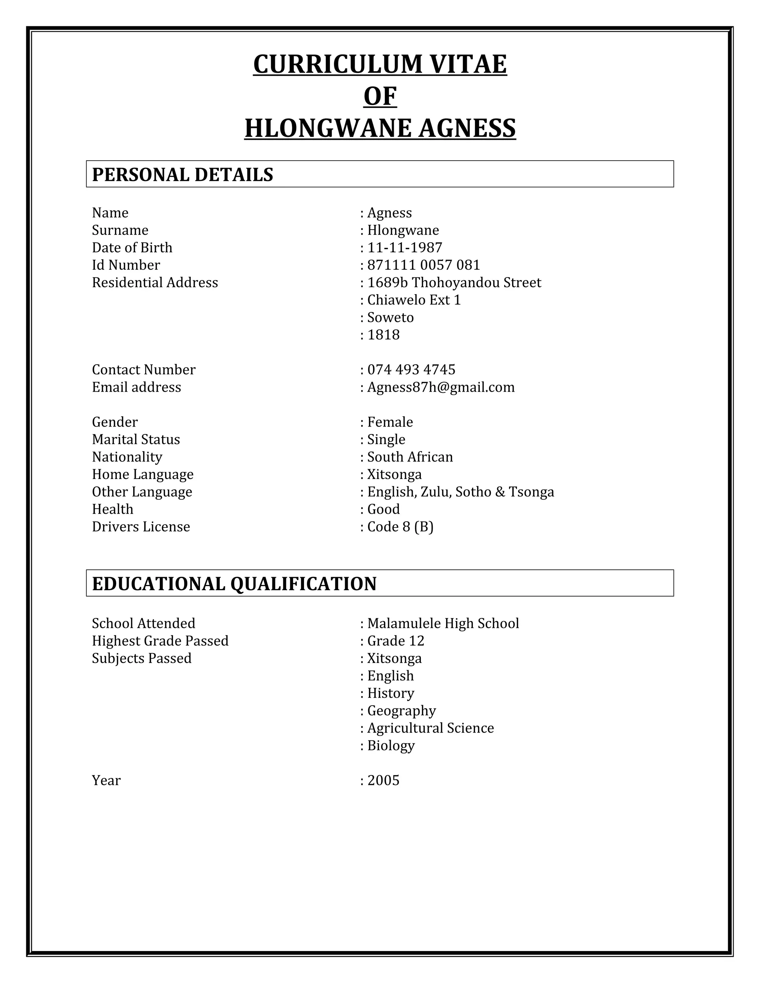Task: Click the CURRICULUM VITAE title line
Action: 380,65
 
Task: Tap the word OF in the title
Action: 380,96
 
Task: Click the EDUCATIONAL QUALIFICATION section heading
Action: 234,584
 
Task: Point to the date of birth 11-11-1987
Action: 404,247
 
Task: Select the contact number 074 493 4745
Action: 411,369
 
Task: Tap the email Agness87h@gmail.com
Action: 440,387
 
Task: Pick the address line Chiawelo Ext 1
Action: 414,300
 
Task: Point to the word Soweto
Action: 390,317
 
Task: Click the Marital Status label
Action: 136,439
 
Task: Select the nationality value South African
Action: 410,457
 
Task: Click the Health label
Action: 112,509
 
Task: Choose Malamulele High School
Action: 443,624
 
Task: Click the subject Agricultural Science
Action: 430,728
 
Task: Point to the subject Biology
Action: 390,745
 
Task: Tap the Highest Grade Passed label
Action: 160,641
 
